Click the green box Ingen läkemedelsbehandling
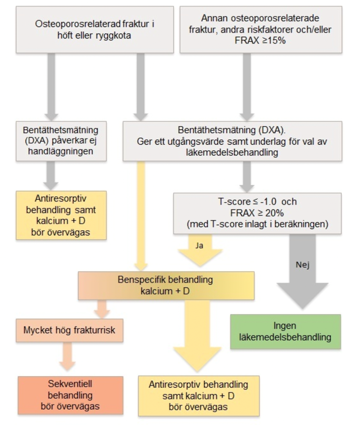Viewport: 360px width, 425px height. [285, 331]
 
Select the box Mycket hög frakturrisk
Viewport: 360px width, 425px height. [69, 330]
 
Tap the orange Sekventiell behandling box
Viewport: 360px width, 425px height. [71, 395]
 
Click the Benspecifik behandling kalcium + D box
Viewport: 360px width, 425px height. [166, 285]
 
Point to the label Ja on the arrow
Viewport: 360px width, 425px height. [199, 246]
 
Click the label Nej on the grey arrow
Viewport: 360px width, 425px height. [302, 265]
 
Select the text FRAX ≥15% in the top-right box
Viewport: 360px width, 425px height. [260, 40]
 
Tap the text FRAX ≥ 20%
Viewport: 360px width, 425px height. [257, 213]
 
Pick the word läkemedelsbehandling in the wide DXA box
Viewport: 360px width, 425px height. [232, 152]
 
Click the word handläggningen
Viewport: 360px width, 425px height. [60, 151]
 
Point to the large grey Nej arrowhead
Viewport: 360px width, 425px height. [302, 296]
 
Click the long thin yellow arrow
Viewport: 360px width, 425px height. [141, 216]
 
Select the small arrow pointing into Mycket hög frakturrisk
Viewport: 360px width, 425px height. [102, 309]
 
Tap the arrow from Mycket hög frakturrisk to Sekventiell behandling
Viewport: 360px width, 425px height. [67, 356]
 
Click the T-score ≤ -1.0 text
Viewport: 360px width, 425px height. [247, 202]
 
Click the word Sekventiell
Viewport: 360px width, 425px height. [70, 384]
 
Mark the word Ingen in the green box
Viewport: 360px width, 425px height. [285, 326]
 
